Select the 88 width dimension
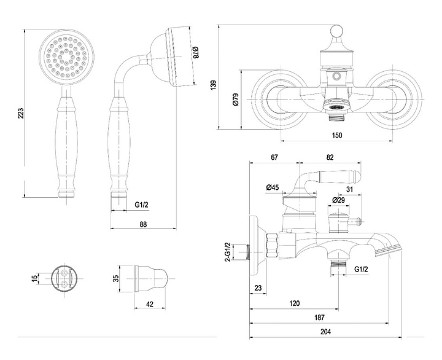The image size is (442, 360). [x=143, y=225]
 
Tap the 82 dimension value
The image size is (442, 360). [x=330, y=158]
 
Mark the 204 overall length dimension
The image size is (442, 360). [x=325, y=332]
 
